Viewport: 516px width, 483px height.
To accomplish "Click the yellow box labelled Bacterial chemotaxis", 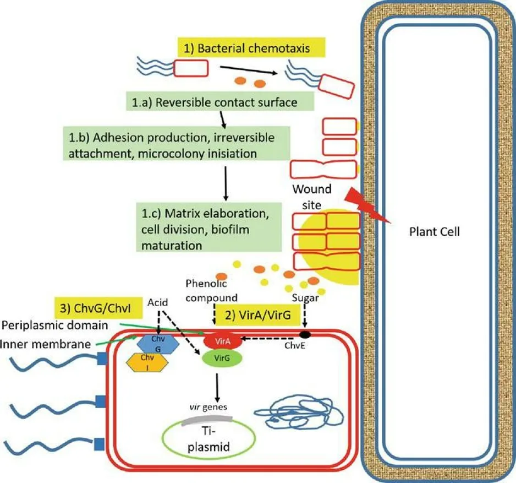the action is (x=251, y=47).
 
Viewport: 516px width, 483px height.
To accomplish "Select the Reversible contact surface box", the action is (x=220, y=101).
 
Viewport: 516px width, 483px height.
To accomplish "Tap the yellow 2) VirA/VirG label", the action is (x=258, y=314).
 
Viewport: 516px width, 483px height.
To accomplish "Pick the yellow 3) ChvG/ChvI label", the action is (x=98, y=308).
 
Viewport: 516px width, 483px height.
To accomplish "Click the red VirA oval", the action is (x=223, y=341).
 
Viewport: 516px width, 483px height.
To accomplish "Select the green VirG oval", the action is (x=222, y=358).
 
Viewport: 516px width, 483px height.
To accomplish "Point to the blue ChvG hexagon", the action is (x=158, y=344).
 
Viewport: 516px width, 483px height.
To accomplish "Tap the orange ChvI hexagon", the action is (x=147, y=362).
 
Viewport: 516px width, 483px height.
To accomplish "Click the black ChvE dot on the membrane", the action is (x=305, y=335).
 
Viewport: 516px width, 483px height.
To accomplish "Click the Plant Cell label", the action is (x=435, y=232).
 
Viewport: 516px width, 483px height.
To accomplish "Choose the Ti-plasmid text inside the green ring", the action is (x=208, y=439).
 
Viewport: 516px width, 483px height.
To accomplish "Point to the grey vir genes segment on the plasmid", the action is (x=207, y=420).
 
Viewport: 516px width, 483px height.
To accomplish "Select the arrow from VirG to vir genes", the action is (x=217, y=388).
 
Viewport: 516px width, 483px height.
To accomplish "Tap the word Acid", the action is (x=158, y=302).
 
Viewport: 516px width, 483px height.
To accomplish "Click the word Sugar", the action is (x=305, y=298).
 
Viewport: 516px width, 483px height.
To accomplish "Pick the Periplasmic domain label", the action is (x=55, y=325).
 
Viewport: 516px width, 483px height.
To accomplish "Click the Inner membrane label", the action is (x=46, y=344).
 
